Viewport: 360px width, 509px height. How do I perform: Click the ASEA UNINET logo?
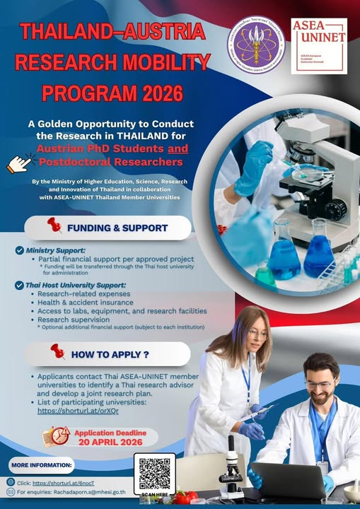click(x=319, y=46)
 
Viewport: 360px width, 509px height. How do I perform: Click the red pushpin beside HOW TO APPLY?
click(x=57, y=351)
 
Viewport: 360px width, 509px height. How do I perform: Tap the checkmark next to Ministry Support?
click(x=20, y=250)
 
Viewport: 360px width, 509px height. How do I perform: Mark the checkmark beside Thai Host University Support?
click(x=20, y=284)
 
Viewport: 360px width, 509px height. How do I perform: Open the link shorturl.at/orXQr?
click(x=78, y=410)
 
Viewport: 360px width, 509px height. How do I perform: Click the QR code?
click(x=155, y=472)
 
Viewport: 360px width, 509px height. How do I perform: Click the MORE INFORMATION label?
click(x=42, y=465)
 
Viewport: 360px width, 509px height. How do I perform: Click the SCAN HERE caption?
click(x=155, y=495)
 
